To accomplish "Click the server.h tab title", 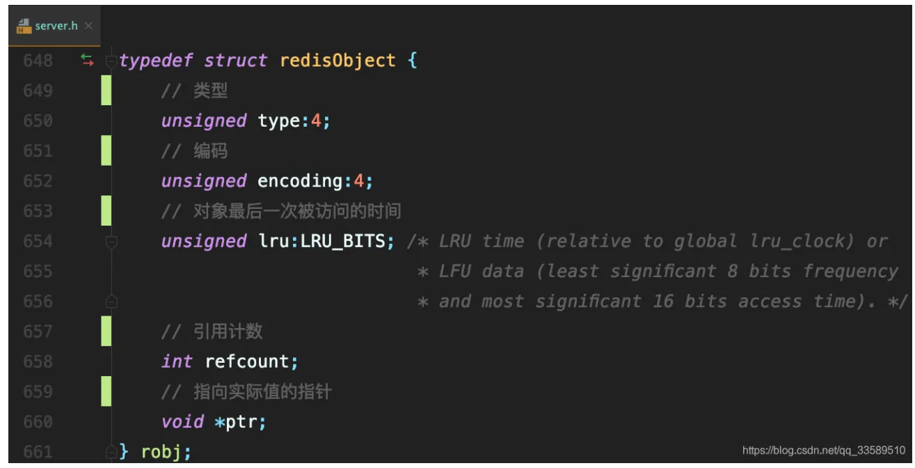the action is [x=56, y=26].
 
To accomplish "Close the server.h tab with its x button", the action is [x=88, y=26].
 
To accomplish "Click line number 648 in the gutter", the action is [x=38, y=61].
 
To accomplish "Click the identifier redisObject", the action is [x=337, y=61].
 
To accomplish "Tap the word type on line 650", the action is [x=279, y=121].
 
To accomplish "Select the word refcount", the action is [x=246, y=361].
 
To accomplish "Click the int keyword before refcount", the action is [x=177, y=361].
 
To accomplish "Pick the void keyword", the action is [x=182, y=422].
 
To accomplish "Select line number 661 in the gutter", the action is [x=38, y=452].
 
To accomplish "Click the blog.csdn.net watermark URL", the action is [x=824, y=451].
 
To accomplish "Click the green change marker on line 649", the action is [x=106, y=91].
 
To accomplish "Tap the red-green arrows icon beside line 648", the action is [x=87, y=61].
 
